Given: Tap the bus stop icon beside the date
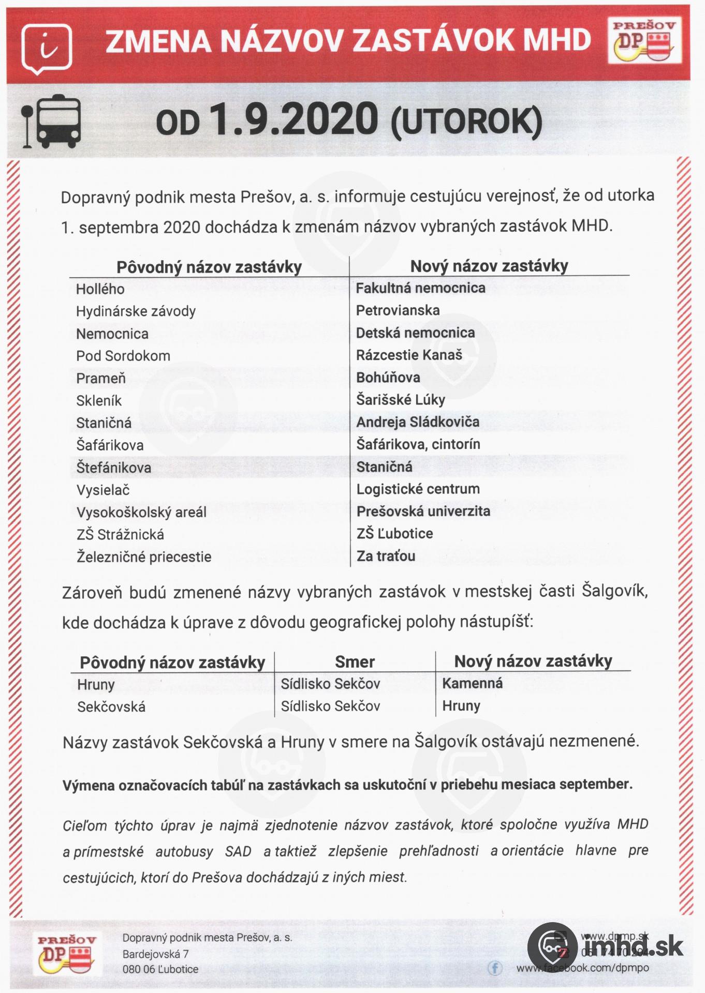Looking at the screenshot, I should [x=51, y=121].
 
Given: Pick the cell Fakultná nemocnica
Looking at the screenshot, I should [x=420, y=288].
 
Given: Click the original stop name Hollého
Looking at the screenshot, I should [x=100, y=289].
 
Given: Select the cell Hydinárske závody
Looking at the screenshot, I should [x=136, y=311].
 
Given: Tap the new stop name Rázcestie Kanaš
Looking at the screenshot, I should [x=409, y=355].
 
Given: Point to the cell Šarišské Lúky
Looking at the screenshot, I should [x=400, y=400].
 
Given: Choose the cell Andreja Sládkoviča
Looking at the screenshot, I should [x=417, y=422].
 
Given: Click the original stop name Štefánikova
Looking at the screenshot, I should [x=113, y=468].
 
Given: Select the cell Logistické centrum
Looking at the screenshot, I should [x=418, y=489].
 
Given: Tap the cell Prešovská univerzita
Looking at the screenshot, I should [x=423, y=511].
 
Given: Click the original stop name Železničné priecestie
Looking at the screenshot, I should [x=144, y=557].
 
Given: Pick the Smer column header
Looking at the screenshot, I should [x=355, y=661].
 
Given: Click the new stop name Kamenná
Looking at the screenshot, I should [x=472, y=683].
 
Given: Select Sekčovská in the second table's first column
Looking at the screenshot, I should [x=111, y=706].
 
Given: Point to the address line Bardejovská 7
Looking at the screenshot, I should [x=155, y=954].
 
